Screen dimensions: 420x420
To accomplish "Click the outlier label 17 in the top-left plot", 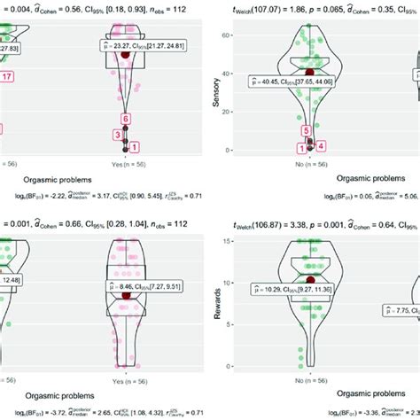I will (x=7, y=77).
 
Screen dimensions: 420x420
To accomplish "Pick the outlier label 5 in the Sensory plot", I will (x=307, y=131).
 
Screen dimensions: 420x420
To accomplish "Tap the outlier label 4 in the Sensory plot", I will (x=322, y=146).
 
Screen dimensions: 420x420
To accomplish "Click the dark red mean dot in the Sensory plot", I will (x=309, y=71).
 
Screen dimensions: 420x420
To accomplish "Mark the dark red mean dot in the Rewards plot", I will (x=310, y=279).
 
